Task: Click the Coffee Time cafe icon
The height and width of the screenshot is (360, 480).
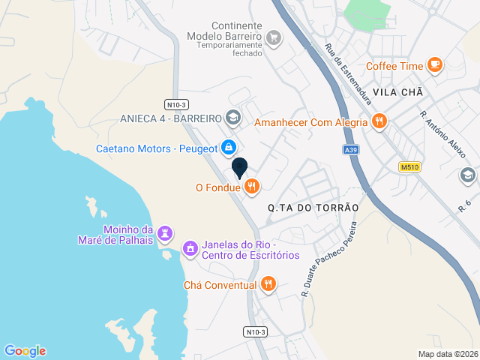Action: [434, 65]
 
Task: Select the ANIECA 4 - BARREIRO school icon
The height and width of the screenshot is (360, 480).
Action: [232, 118]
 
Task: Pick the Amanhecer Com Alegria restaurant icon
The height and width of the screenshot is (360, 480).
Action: [379, 121]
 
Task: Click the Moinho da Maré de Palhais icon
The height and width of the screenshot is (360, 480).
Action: [166, 234]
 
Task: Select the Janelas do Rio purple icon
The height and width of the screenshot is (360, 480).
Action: [190, 247]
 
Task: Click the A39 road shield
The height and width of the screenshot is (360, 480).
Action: [351, 150]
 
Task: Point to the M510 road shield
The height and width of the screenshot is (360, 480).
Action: [409, 167]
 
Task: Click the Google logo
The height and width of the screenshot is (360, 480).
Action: [25, 350]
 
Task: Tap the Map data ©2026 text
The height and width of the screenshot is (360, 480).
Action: [447, 354]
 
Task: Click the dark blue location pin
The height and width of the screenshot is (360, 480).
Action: [239, 168]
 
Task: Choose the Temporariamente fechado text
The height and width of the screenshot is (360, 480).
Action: [229, 53]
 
